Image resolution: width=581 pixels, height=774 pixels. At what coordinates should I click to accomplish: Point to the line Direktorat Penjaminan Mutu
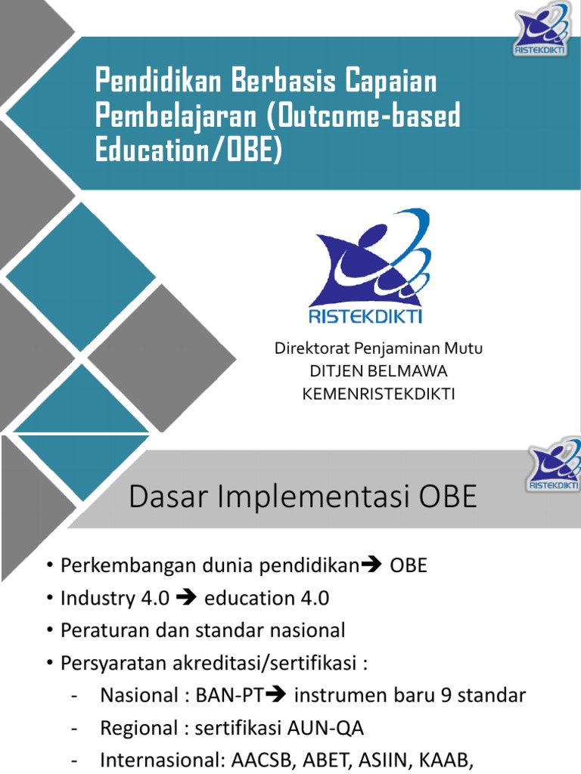pyautogui.click(x=377, y=349)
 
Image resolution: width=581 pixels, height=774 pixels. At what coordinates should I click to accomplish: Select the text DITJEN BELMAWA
pyautogui.click(x=378, y=371)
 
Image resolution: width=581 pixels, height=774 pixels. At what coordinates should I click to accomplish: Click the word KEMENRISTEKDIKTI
pyautogui.click(x=378, y=394)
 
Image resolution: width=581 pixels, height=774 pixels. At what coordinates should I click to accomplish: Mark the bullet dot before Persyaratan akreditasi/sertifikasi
pyautogui.click(x=49, y=663)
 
